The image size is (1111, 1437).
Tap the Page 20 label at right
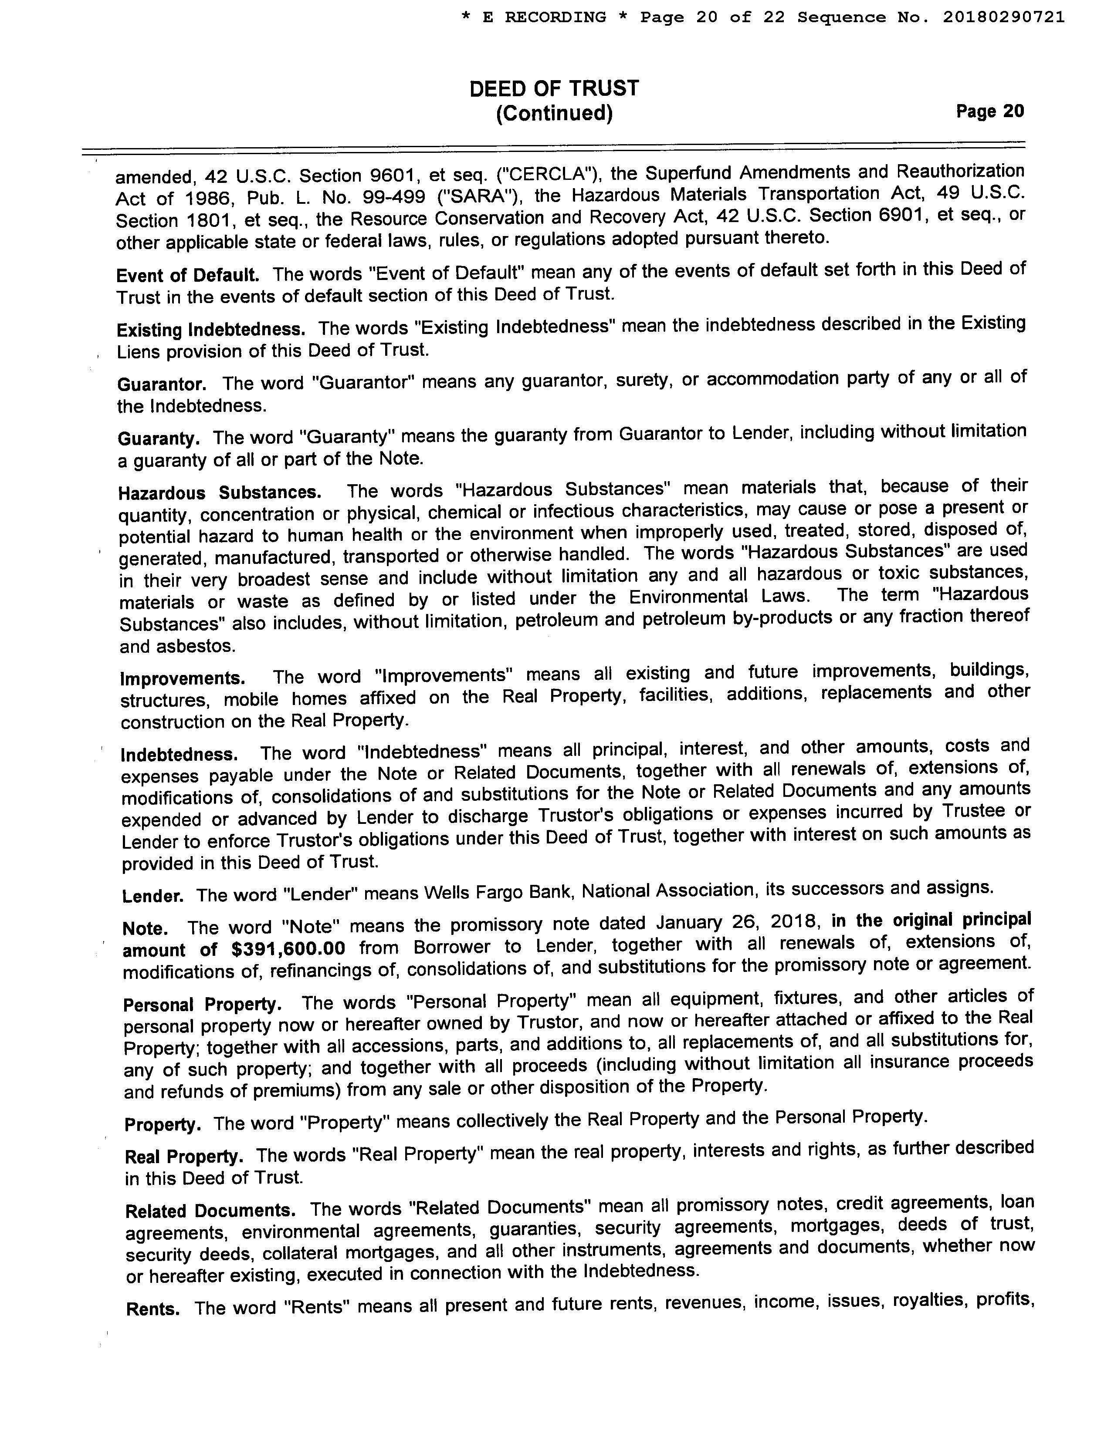pos(990,111)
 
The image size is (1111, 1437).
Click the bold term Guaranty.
pos(159,438)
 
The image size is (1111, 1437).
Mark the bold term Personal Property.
pos(203,1005)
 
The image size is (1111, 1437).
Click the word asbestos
pos(196,647)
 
